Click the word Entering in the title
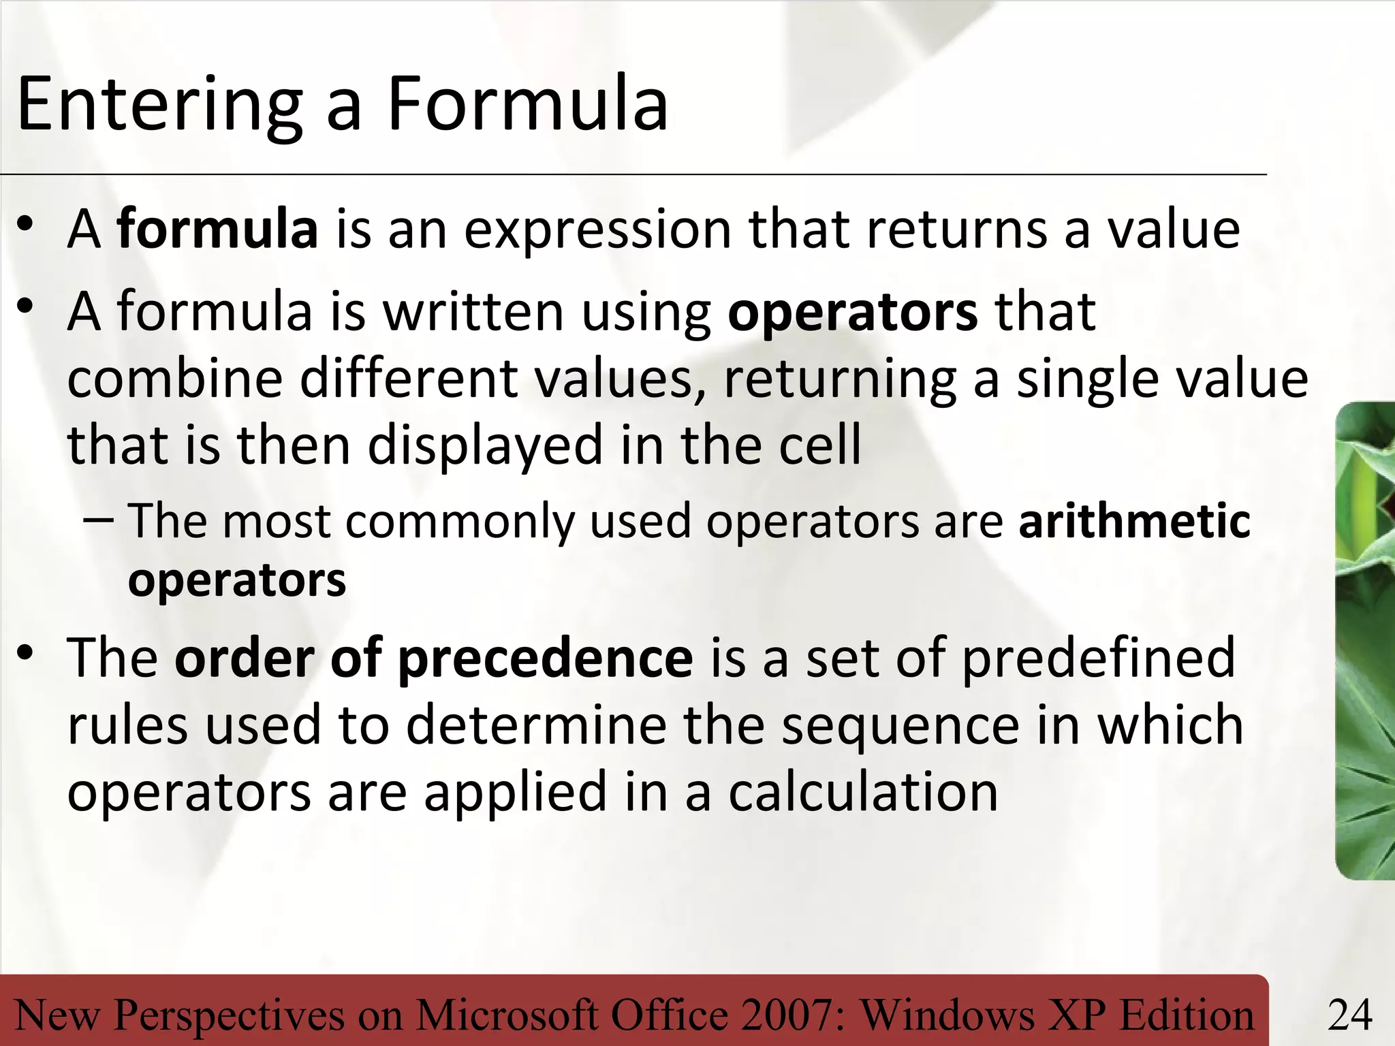159,106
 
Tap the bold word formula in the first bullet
217,229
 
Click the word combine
174,379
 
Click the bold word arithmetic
1134,521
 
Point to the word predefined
1098,658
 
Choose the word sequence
900,727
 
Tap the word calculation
863,792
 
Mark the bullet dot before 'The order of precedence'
26,653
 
